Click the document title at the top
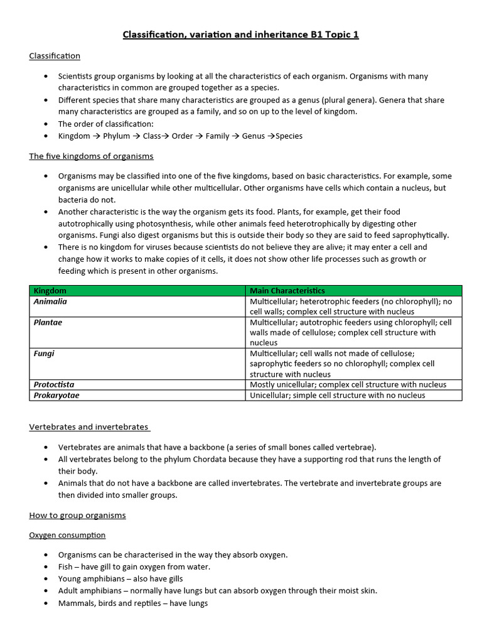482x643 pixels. coord(240,35)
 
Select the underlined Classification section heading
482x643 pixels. coord(55,56)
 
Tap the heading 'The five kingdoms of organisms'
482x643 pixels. coord(91,156)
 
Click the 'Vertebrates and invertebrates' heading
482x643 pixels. coord(88,427)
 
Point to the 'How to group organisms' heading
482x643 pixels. coord(77,515)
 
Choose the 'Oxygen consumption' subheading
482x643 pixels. coord(67,535)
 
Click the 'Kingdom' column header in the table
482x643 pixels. coord(50,291)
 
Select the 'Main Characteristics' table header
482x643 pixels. coord(287,291)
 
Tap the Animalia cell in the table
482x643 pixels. coord(50,301)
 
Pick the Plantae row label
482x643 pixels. coord(48,322)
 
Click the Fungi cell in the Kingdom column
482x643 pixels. coord(44,354)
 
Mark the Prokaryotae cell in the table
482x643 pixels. coord(56,395)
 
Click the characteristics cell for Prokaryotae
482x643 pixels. coord(337,395)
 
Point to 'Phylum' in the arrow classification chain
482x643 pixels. coord(116,136)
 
